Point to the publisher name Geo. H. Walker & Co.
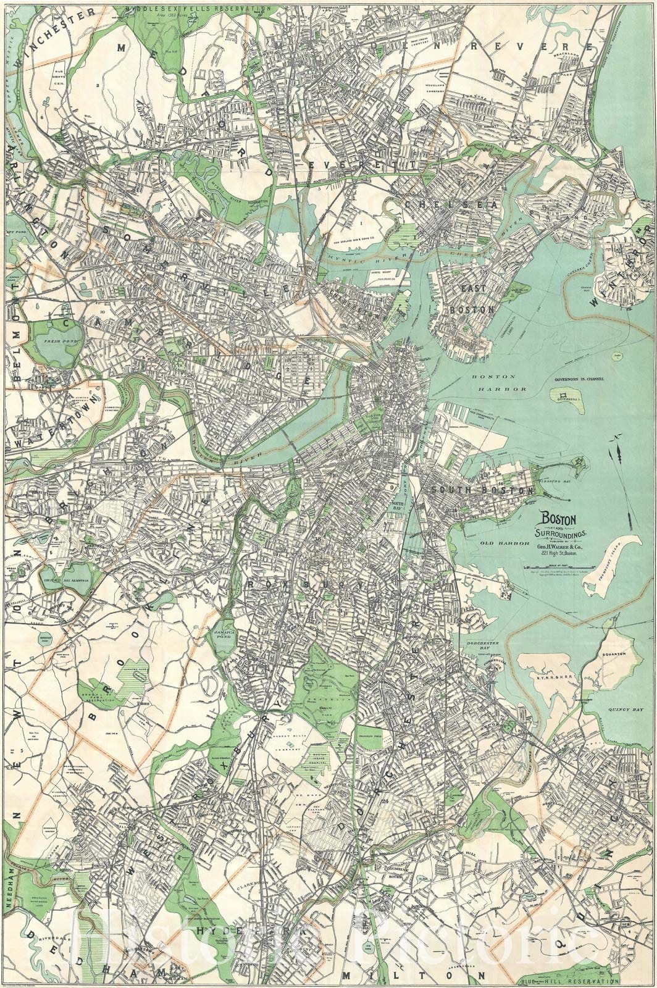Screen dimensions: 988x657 pos(557,545)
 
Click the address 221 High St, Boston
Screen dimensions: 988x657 pos(557,553)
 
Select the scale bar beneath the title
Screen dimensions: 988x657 pos(557,564)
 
